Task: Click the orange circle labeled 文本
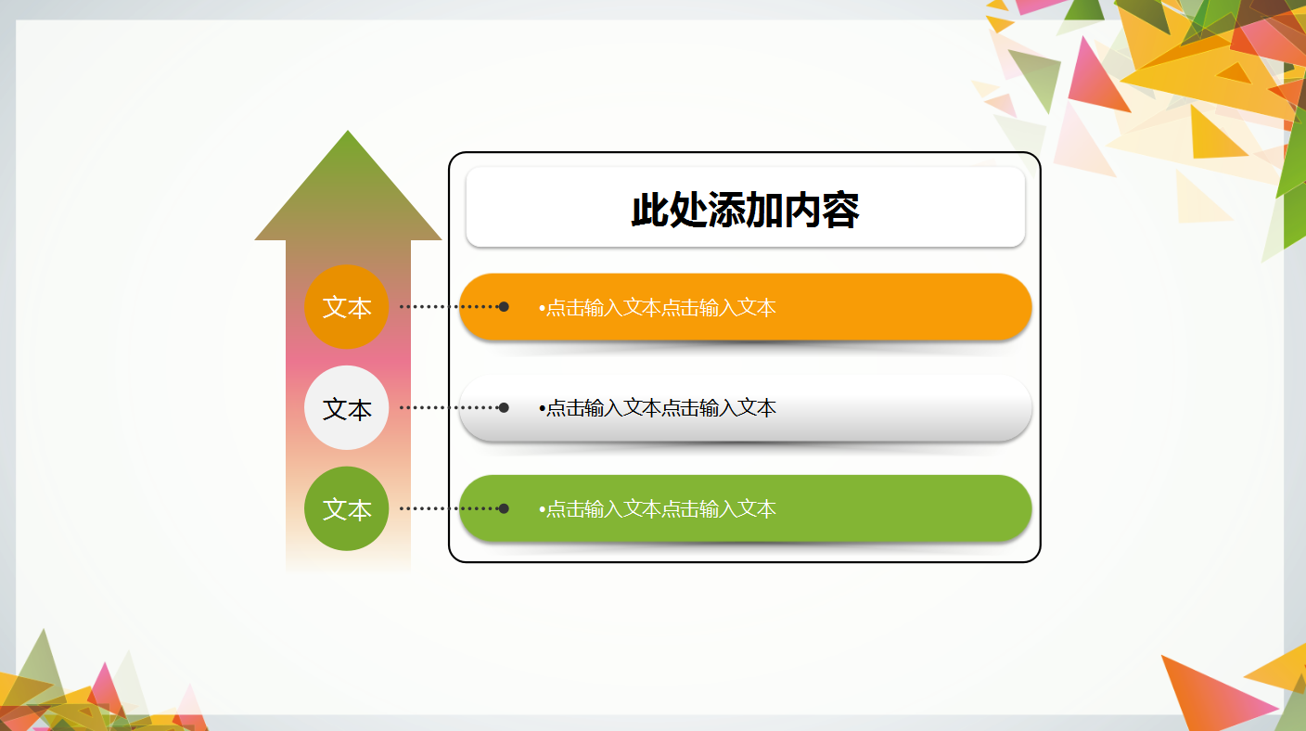coord(346,307)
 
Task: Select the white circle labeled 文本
coord(346,408)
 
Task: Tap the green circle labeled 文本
coord(346,509)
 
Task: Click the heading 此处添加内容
coord(745,211)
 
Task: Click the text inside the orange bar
coord(660,307)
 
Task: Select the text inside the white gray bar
coord(660,408)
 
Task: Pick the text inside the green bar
coord(660,509)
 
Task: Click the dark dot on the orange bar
coord(504,306)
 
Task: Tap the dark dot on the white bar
coord(504,407)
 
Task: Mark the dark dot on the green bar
coord(504,508)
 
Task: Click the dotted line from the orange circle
coord(445,306)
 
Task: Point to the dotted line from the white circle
coord(445,407)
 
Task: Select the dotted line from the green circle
coord(445,508)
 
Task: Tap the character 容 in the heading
coord(840,211)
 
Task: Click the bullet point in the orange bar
coord(542,308)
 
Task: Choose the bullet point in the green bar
coord(542,509)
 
